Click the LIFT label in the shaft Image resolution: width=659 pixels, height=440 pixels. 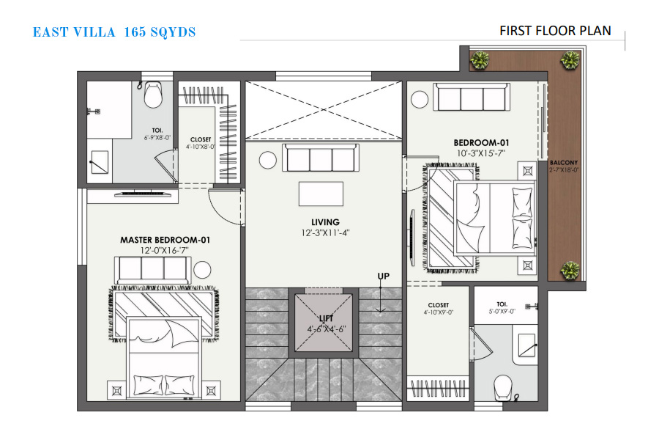tap(326, 318)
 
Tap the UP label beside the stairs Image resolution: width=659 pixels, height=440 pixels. tap(383, 276)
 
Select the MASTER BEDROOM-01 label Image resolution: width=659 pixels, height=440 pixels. tap(165, 240)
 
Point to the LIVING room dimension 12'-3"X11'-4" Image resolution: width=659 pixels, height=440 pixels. tap(325, 233)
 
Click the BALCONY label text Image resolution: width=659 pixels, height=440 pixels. tap(564, 163)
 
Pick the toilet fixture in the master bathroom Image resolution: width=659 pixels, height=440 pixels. tap(153, 95)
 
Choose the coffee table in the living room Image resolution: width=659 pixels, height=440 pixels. tap(321, 194)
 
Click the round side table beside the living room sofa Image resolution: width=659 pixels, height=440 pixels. tap(268, 160)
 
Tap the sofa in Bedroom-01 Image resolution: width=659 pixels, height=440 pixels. tap(472, 98)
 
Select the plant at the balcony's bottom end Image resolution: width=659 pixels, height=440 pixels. tap(570, 270)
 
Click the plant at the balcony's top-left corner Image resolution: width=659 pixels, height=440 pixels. tap(479, 60)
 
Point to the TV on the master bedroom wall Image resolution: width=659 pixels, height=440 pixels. tap(144, 194)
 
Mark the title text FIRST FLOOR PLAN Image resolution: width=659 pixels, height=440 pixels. tap(555, 31)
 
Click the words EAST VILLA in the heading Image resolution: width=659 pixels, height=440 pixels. tap(74, 32)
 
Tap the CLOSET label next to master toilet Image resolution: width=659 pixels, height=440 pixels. tap(201, 139)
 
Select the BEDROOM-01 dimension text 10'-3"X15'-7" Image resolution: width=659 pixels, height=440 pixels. tap(481, 153)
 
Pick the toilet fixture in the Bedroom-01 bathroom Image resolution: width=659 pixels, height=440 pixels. tap(502, 386)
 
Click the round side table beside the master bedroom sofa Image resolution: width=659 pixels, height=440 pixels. tap(202, 270)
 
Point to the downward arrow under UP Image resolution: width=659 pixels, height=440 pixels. tap(380, 300)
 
